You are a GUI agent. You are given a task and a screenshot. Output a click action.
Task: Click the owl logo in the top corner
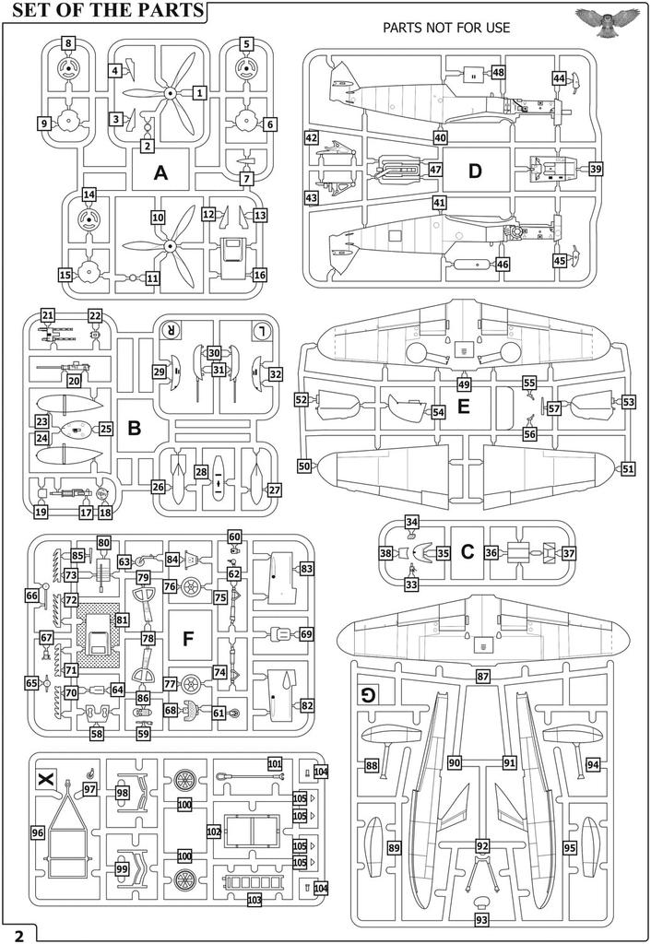pyautogui.click(x=606, y=18)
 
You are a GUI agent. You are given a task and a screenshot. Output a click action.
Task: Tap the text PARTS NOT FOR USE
pyautogui.click(x=446, y=28)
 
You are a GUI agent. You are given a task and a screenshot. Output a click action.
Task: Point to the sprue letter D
pyautogui.click(x=475, y=171)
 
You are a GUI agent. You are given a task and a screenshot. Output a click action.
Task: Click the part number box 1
pyautogui.click(x=200, y=92)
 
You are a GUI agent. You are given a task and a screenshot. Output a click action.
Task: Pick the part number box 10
pyautogui.click(x=158, y=217)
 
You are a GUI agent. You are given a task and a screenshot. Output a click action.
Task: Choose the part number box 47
pyautogui.click(x=435, y=171)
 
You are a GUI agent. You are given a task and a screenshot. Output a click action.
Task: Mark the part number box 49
pyautogui.click(x=464, y=383)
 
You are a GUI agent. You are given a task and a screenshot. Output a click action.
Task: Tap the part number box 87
pyautogui.click(x=482, y=677)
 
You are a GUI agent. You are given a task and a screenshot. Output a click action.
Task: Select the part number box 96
pyautogui.click(x=37, y=832)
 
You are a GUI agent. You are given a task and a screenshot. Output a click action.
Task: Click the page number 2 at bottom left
pyautogui.click(x=18, y=933)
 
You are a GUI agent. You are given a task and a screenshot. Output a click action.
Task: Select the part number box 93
pyautogui.click(x=481, y=919)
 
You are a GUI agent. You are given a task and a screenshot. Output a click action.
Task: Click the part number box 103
pyautogui.click(x=254, y=899)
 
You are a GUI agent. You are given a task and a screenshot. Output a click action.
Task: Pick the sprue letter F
pyautogui.click(x=189, y=639)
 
